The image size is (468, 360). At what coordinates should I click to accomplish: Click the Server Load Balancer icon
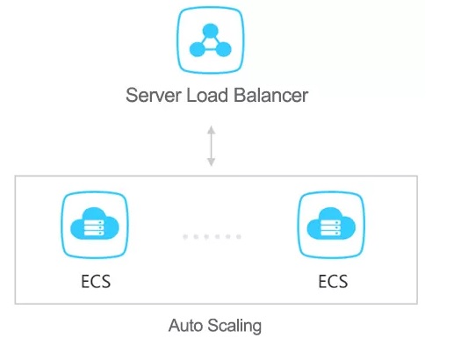pos(211,40)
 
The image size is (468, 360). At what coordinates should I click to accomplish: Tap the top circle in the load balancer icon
pos(211,31)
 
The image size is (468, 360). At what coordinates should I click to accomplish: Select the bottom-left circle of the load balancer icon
pos(198,49)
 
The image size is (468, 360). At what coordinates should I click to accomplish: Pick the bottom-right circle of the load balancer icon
pos(223,49)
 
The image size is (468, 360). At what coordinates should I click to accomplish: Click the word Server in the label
pos(154,96)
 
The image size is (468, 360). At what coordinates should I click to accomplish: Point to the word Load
pos(207,96)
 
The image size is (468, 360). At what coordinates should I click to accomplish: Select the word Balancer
pos(270,96)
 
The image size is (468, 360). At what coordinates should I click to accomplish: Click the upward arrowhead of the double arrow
pos(212,130)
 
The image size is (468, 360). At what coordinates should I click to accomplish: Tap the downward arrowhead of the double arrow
pos(212,162)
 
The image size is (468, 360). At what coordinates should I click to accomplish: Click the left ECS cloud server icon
pos(95,225)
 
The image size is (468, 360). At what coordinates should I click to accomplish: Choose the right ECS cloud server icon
pos(331,225)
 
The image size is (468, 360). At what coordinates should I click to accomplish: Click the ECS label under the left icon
pos(96,282)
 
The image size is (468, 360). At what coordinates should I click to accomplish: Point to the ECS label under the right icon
pos(333,282)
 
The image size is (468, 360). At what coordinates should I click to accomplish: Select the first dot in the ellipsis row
pos(185,237)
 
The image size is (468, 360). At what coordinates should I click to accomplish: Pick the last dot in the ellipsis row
pos(239,237)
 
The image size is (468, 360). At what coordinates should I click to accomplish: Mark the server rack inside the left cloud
pos(94,227)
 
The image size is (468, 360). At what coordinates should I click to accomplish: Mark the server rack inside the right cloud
pos(331,227)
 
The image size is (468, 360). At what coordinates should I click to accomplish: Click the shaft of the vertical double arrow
pos(212,146)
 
